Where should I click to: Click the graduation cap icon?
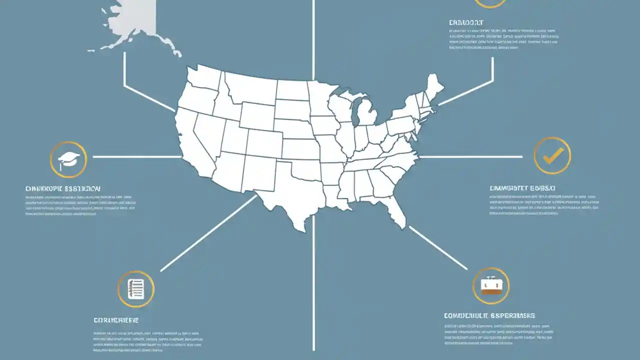pyautogui.click(x=68, y=159)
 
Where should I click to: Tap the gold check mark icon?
pyautogui.click(x=552, y=156)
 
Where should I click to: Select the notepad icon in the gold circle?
pyautogui.click(x=135, y=289)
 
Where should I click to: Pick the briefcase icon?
pyautogui.click(x=490, y=285)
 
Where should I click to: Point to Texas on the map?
pyautogui.click(x=290, y=195)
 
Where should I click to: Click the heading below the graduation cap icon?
pyautogui.click(x=63, y=189)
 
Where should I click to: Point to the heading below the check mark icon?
pyautogui.click(x=522, y=188)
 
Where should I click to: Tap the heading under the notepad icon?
pyautogui.click(x=116, y=320)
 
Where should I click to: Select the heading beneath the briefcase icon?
pyautogui.click(x=489, y=316)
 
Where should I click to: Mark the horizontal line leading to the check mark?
pyautogui.click(x=470, y=156)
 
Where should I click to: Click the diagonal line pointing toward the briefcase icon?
pyautogui.click(x=437, y=247)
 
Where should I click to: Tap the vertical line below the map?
pyautogui.click(x=313, y=285)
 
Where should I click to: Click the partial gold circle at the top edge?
pyautogui.click(x=490, y=4)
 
